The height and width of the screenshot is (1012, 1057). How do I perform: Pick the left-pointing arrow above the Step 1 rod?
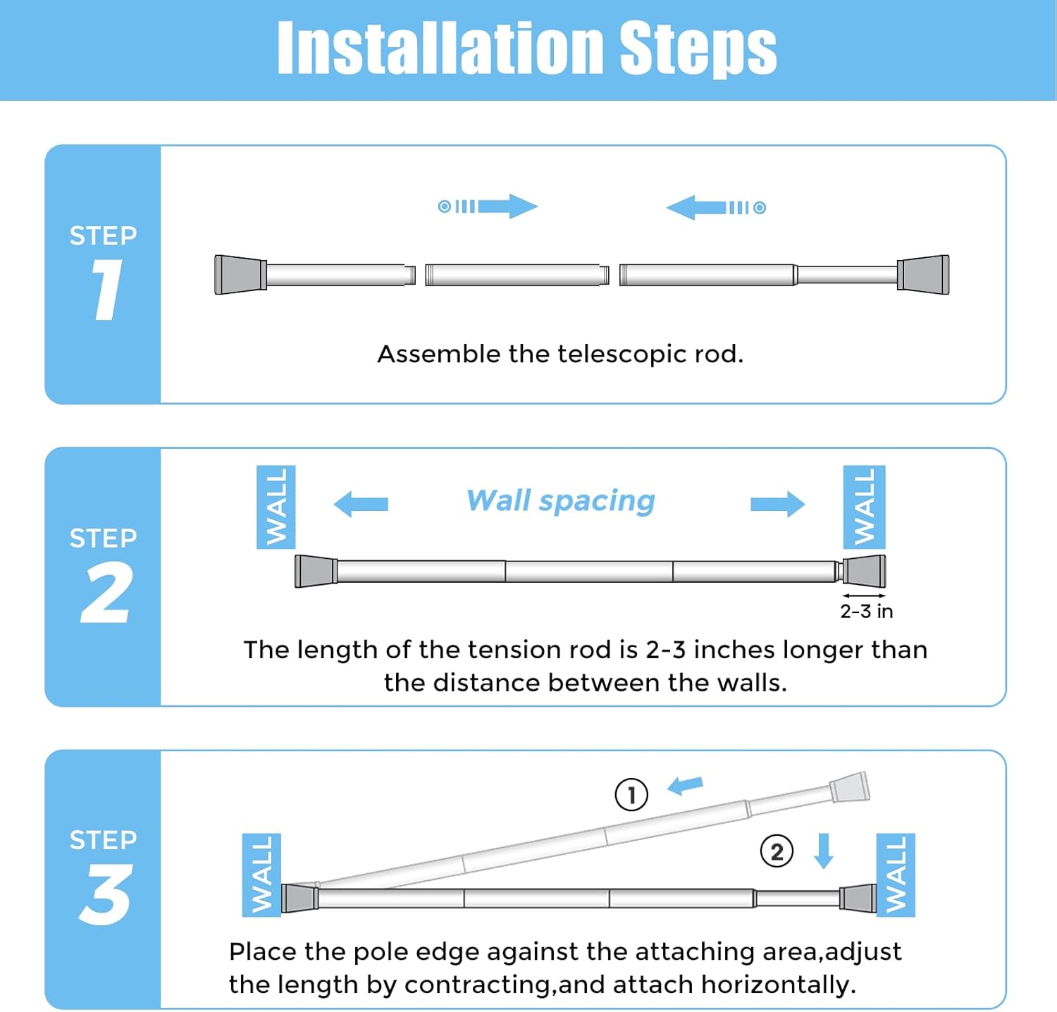click(698, 207)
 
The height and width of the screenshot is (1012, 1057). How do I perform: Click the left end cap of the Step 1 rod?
click(240, 274)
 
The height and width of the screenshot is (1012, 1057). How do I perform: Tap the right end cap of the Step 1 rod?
click(923, 274)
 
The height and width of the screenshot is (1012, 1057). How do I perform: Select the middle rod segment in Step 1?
click(517, 274)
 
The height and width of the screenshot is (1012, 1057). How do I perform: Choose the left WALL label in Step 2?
click(276, 507)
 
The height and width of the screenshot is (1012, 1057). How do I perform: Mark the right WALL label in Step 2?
click(864, 507)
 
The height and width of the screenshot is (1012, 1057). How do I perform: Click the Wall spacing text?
click(561, 501)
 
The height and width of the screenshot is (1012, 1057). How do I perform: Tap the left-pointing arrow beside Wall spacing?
click(361, 504)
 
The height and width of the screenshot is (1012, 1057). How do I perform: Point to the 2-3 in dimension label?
click(866, 611)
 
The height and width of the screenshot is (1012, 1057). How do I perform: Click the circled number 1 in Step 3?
click(631, 795)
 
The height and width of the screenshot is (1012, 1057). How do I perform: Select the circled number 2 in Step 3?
click(777, 851)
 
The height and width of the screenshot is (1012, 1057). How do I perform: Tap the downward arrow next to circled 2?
click(823, 851)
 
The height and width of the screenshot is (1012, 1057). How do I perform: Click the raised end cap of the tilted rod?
click(850, 787)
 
